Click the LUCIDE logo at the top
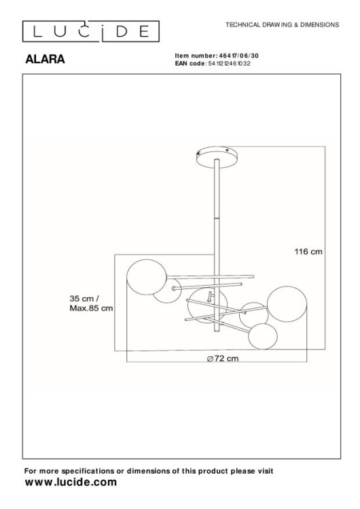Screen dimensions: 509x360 pyautogui.click(x=91, y=31)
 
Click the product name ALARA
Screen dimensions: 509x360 pyautogui.click(x=44, y=59)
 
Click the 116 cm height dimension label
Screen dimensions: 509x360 pyautogui.click(x=308, y=250)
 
